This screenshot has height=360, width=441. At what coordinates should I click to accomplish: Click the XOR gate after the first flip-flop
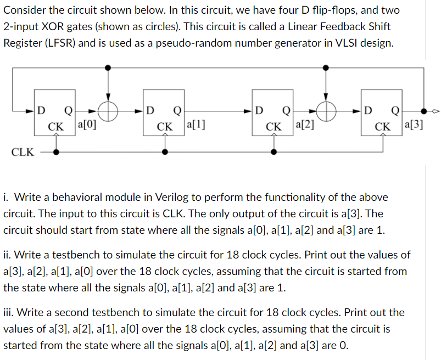coord(109,111)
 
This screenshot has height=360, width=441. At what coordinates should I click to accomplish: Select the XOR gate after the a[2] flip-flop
coord(327,111)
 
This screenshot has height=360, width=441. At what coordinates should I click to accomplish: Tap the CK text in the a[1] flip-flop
coord(164,127)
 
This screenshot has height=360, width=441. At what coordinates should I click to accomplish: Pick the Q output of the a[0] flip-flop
coord(69,111)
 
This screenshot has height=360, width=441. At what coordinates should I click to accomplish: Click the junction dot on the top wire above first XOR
coord(109,67)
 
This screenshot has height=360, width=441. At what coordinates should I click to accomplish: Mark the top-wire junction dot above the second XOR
coord(327,67)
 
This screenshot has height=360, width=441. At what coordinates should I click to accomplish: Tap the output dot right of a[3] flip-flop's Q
coord(423,111)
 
